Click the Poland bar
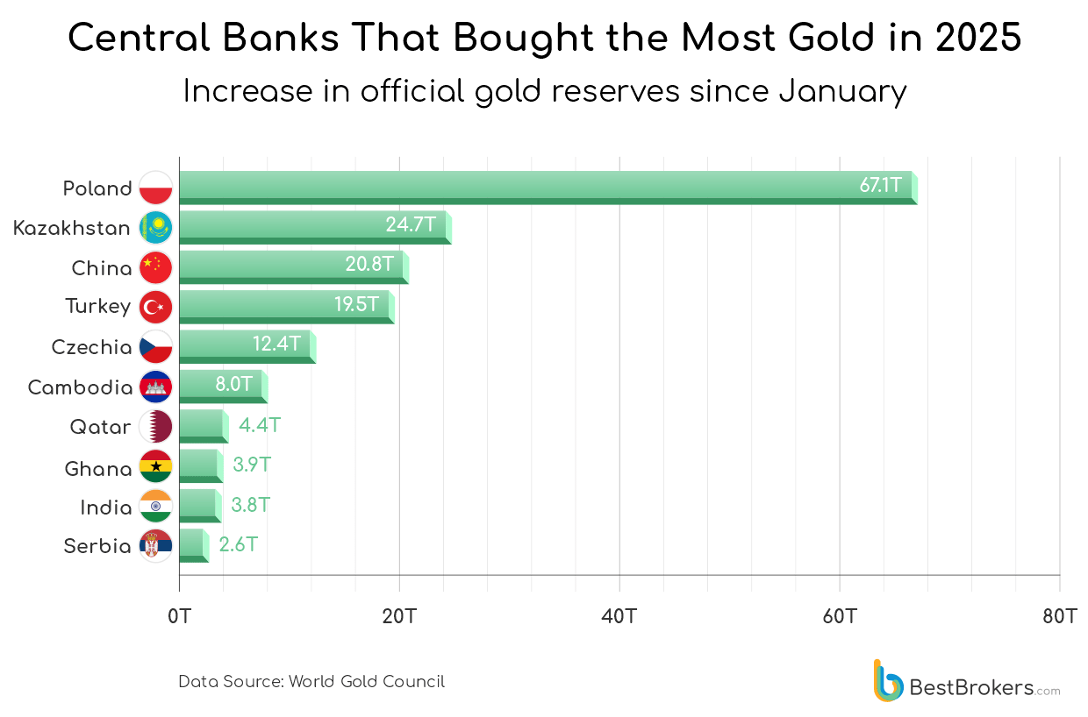pos(544,188)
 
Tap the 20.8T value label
pos(369,264)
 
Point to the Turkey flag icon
pos(156,306)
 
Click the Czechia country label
pos(91,347)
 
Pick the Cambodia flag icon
pos(156,387)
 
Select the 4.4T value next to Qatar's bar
pos(260,426)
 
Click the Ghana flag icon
pos(156,466)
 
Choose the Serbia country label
pos(97,546)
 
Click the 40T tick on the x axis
pos(619,616)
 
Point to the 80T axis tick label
pos(1059,616)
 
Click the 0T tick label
pos(179,616)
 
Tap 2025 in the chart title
pos(978,38)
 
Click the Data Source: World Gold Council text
pos(311,681)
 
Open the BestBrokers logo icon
pos(887,681)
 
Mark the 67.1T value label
pos(880,185)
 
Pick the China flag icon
pos(156,266)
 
